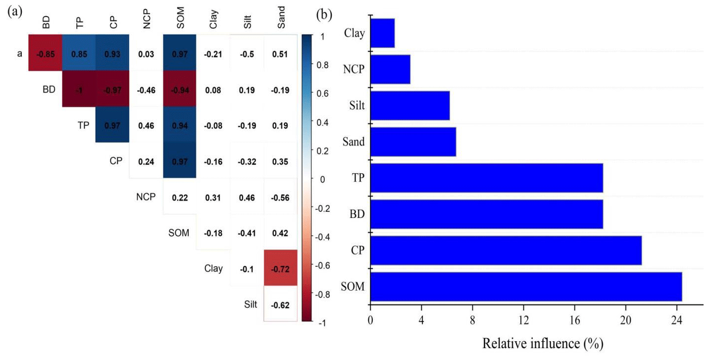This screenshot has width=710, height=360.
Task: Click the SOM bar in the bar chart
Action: [526, 287]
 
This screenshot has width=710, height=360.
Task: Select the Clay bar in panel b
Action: [382, 33]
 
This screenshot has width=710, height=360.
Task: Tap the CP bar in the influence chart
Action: [506, 251]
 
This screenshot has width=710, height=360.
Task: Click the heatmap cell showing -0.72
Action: [280, 268]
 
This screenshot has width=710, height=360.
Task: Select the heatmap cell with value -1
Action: [78, 90]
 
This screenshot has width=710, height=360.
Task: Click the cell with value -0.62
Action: [280, 304]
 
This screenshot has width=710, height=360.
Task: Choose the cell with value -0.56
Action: [280, 197]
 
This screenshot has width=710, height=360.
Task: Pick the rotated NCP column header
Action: [146, 22]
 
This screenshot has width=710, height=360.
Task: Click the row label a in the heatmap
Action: [20, 53]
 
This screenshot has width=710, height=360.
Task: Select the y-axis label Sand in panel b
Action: [354, 142]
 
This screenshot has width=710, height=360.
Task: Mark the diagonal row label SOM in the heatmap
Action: [178, 233]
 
